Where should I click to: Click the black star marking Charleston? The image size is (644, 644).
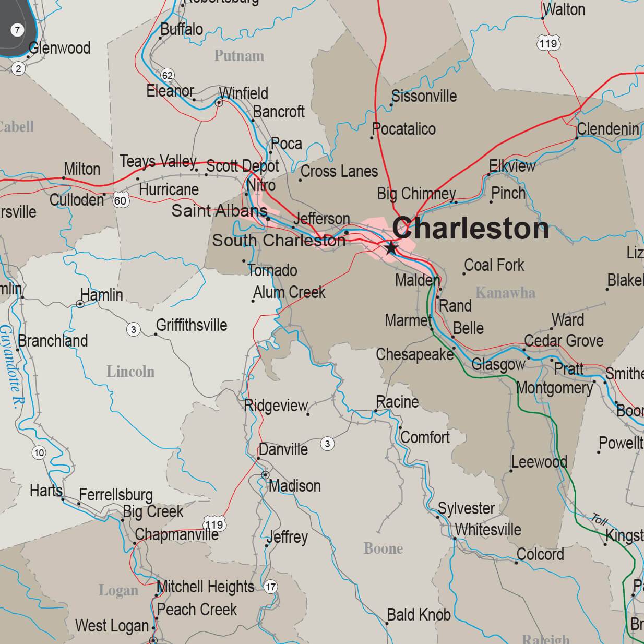(391, 247)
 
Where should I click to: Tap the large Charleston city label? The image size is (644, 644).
(470, 228)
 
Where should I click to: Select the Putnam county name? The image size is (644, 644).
(239, 56)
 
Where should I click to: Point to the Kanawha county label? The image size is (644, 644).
(505, 293)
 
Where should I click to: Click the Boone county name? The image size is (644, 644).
(383, 548)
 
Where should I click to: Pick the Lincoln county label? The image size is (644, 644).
(130, 372)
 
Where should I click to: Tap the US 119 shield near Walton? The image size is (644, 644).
(548, 43)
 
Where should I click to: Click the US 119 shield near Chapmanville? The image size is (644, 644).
(214, 524)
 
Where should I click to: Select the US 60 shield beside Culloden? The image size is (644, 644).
(121, 200)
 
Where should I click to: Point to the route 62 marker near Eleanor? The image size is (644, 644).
(167, 75)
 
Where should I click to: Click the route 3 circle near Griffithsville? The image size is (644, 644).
(134, 329)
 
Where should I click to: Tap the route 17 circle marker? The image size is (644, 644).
(270, 587)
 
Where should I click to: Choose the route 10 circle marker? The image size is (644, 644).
(39, 452)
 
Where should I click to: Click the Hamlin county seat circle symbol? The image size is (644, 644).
(80, 304)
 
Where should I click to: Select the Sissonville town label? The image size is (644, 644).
(424, 96)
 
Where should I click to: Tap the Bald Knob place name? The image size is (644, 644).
(419, 615)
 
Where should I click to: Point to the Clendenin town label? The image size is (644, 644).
(608, 128)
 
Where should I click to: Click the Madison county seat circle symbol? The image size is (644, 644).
(265, 475)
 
